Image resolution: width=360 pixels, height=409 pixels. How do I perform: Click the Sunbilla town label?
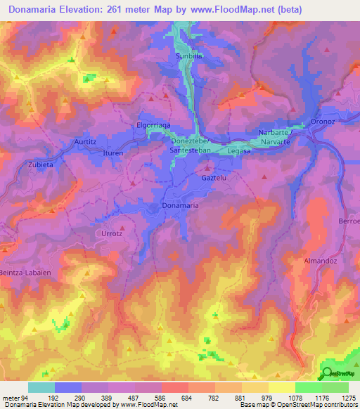point(189,54)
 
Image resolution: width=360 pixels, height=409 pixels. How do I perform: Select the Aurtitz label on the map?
point(85,142)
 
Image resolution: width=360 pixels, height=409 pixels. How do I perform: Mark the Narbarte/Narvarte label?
point(279,136)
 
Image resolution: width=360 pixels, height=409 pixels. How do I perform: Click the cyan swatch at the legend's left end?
point(41,387)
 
